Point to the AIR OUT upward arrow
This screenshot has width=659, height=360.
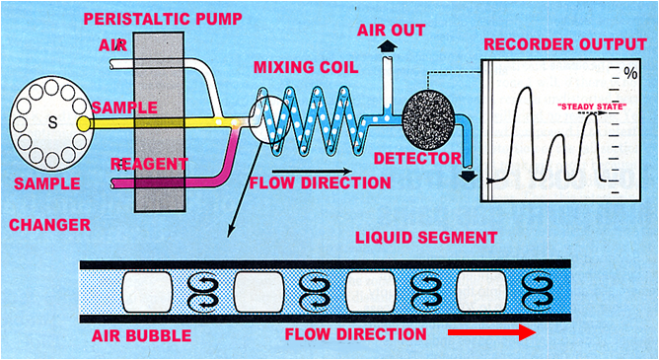(x=385, y=46)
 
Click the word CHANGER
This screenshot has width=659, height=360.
(x=49, y=226)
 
